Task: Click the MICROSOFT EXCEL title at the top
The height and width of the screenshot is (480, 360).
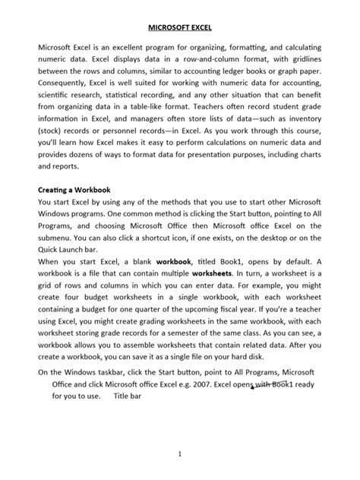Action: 180,27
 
